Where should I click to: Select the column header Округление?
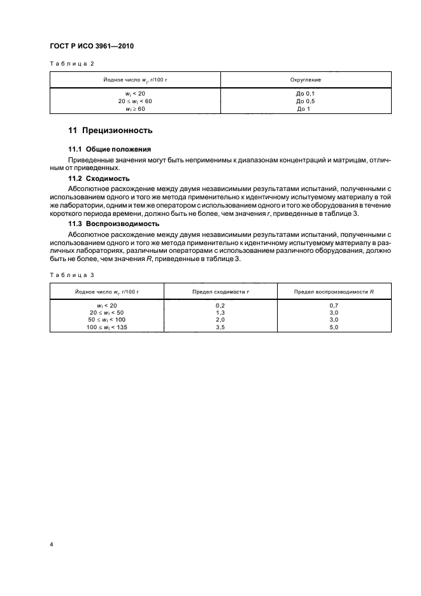pos(306,80)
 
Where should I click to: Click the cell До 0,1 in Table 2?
pos(306,94)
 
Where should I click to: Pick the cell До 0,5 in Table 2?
pos(306,101)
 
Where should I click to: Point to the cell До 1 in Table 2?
pos(306,109)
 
